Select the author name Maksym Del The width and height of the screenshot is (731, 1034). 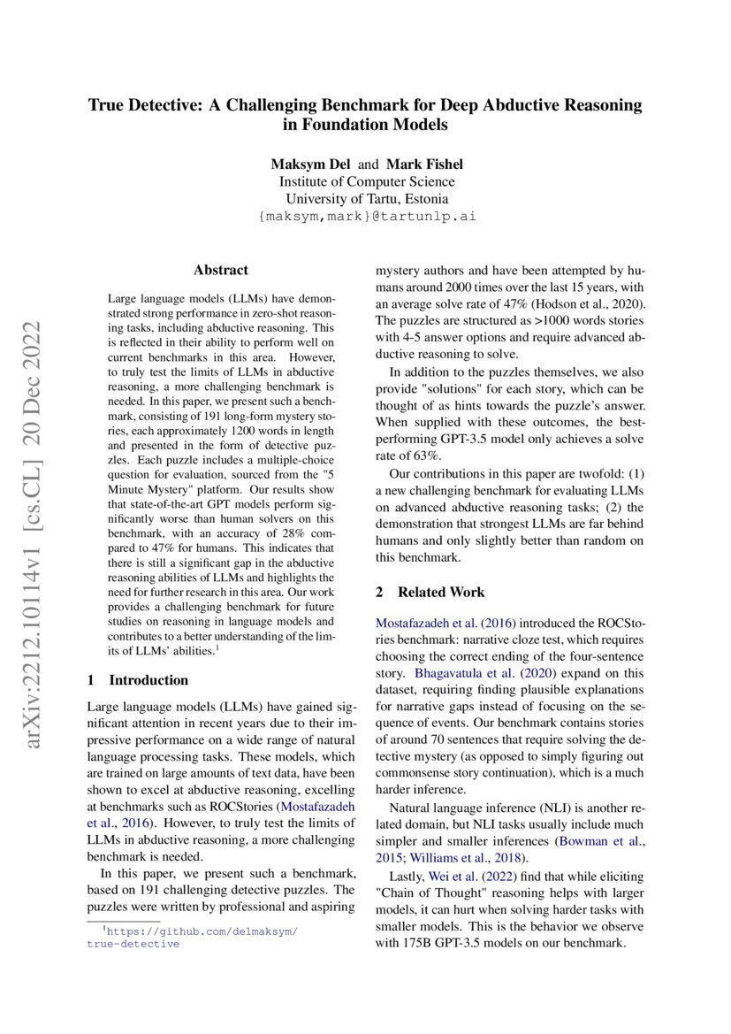[309, 165]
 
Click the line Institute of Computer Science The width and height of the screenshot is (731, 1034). [366, 181]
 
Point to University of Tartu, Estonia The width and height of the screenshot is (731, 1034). [366, 198]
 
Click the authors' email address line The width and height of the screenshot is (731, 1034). [366, 216]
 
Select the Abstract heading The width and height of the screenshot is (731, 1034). [221, 271]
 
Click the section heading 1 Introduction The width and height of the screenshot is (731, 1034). [138, 680]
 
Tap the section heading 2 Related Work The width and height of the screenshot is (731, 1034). [430, 592]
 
